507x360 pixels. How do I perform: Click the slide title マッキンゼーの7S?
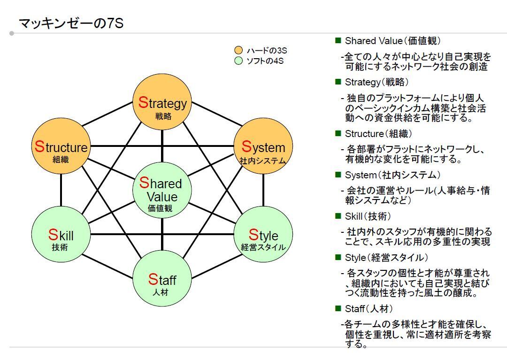click(71, 23)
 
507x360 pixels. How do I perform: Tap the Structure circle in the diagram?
click(61, 147)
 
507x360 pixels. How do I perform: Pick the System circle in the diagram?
click(263, 146)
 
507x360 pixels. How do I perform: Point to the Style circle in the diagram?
click(263, 234)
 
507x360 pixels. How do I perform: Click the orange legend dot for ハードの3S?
click(238, 50)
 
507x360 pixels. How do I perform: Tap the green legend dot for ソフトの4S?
click(238, 61)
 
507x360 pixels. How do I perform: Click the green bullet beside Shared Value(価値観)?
click(338, 41)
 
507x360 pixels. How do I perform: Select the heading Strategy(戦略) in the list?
click(377, 82)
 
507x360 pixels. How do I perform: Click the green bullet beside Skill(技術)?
click(338, 216)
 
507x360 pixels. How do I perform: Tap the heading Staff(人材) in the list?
click(369, 309)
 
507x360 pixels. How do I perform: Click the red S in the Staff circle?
click(153, 279)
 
